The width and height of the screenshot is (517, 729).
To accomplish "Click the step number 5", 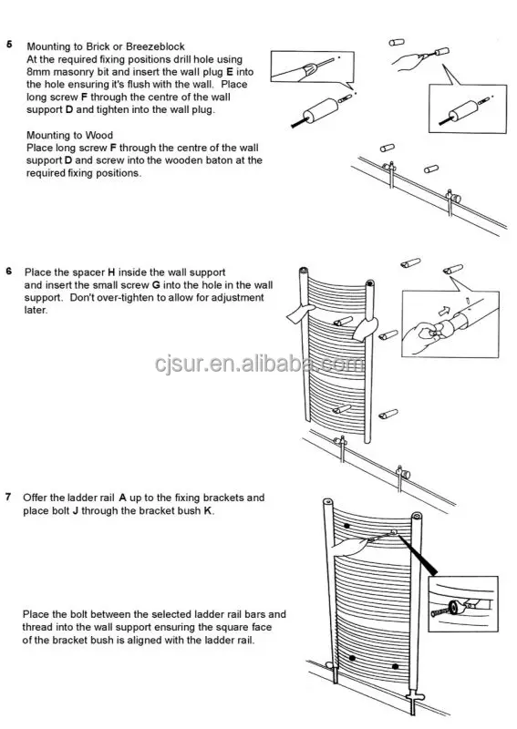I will [x=9, y=44].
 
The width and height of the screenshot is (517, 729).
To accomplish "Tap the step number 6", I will [x=9, y=272].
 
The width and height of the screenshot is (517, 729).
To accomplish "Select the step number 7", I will [x=9, y=498].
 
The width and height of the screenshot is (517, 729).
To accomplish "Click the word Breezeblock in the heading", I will [x=147, y=46].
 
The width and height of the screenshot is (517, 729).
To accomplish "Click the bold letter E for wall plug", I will [x=229, y=72].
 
